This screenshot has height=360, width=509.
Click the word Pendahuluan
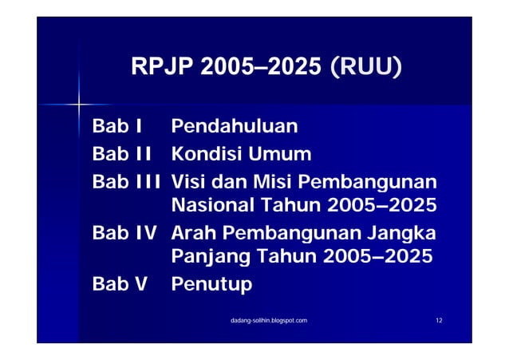tap(235, 126)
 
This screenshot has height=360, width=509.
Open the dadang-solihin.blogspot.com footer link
tap(268, 319)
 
